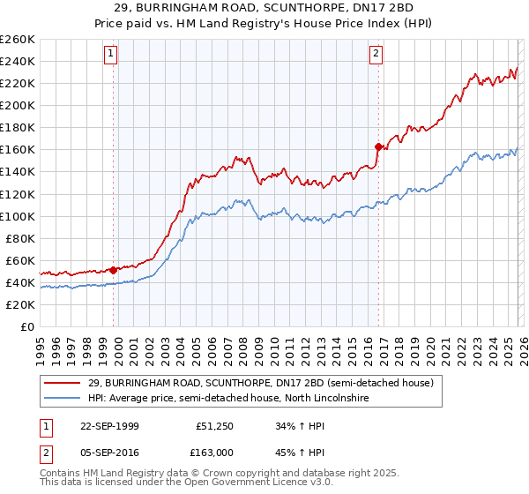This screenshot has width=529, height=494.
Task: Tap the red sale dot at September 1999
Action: click(x=114, y=270)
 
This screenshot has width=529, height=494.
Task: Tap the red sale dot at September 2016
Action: click(x=378, y=146)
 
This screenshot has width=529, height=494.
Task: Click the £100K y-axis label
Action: click(x=18, y=216)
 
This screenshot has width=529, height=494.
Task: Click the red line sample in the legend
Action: click(x=63, y=384)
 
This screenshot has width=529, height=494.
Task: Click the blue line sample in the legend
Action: click(x=63, y=399)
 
